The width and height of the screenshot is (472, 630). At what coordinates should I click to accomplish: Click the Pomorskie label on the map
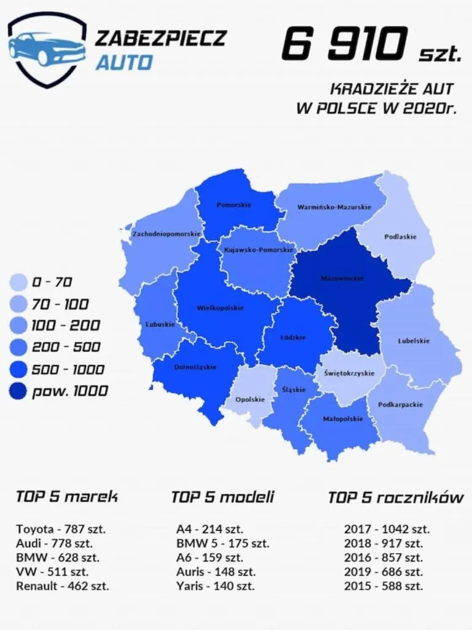click(x=234, y=204)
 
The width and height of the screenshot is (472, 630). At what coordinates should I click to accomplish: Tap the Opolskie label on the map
click(x=250, y=399)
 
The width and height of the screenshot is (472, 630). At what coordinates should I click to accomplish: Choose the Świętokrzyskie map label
click(x=347, y=373)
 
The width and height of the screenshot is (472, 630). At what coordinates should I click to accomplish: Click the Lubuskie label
click(x=160, y=324)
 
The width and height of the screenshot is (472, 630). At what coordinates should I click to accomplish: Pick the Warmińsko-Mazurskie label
click(x=334, y=207)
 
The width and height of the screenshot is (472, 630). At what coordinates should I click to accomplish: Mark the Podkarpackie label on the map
click(x=400, y=405)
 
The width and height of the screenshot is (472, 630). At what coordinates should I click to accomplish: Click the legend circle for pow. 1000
click(x=19, y=391)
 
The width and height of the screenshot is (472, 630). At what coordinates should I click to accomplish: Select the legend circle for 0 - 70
click(x=19, y=282)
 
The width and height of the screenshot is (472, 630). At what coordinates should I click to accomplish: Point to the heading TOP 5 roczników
click(x=395, y=497)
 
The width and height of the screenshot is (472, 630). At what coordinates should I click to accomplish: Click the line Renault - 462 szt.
click(x=62, y=586)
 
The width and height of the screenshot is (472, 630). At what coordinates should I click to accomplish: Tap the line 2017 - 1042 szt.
click(x=387, y=529)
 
